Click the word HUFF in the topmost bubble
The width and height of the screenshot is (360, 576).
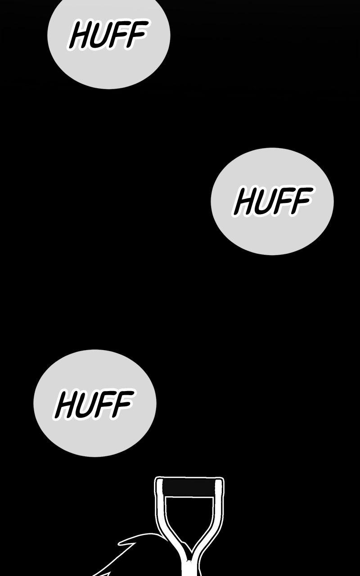pos(108,35)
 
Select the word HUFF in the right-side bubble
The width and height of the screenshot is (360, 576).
pos(273,201)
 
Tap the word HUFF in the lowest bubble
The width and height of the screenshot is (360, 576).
pos(94,404)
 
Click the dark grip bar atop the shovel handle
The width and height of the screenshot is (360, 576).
pos(189,486)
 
